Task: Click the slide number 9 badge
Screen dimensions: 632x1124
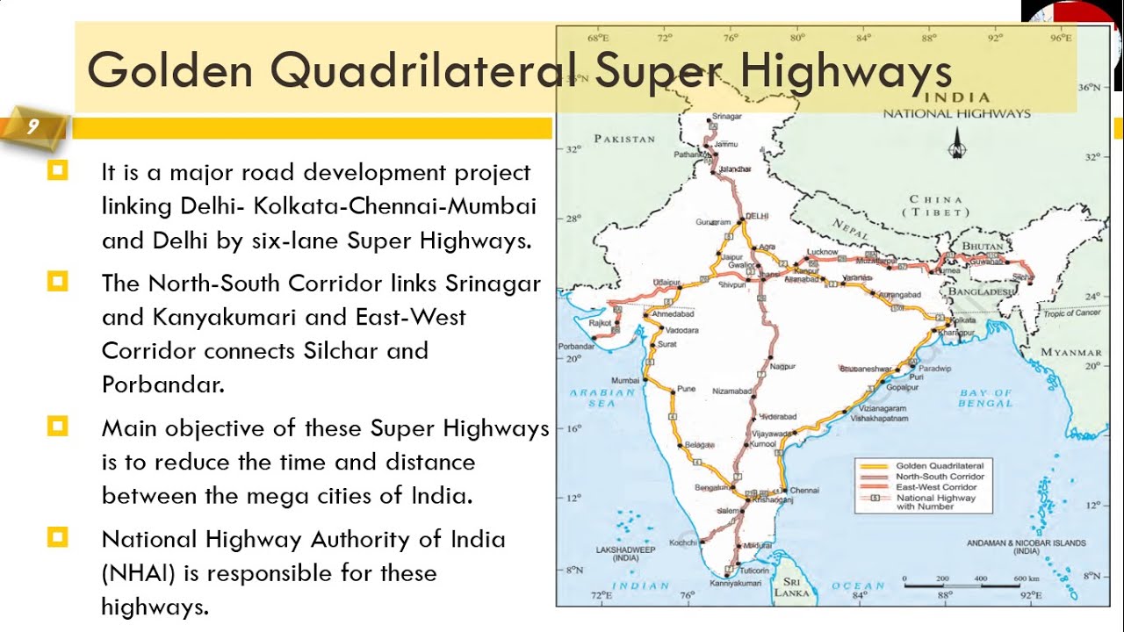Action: [x=32, y=127]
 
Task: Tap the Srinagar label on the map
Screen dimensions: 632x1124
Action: [x=726, y=116]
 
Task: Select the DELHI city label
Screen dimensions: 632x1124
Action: [x=756, y=215]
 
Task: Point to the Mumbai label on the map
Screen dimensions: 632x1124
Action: [x=625, y=381]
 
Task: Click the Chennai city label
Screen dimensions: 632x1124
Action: [x=804, y=491]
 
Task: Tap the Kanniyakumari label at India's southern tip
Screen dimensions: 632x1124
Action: [x=735, y=583]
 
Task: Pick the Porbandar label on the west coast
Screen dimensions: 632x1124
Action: [x=576, y=346]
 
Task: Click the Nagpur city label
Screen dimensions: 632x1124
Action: [x=782, y=365]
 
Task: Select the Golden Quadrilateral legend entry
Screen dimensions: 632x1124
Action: [x=940, y=465]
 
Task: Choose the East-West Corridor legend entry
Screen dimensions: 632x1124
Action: [x=936, y=487]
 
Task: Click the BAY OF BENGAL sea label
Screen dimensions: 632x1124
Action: [x=984, y=399]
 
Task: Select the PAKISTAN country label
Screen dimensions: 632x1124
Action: [x=624, y=139]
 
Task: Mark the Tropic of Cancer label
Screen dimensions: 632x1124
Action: [x=1071, y=313]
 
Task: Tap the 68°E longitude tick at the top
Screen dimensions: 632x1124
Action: [x=597, y=38]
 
